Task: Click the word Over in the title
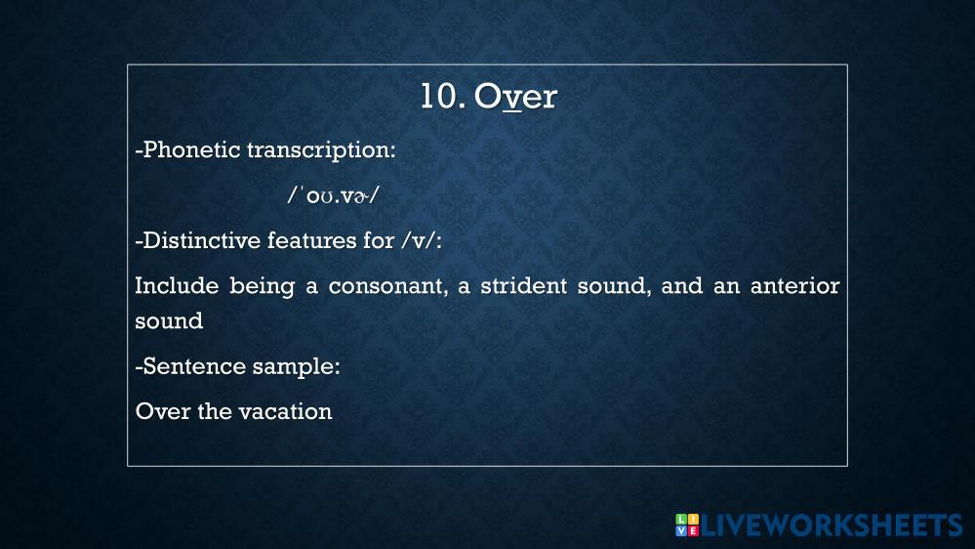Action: coord(515,97)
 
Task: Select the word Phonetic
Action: coord(192,149)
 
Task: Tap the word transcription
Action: coord(321,150)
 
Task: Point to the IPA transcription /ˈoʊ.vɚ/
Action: coord(333,195)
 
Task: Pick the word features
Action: coord(312,240)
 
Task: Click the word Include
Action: coord(178,285)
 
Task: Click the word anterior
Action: coord(794,285)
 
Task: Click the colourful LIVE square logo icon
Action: coord(687,525)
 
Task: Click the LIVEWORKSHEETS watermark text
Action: coord(832,526)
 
